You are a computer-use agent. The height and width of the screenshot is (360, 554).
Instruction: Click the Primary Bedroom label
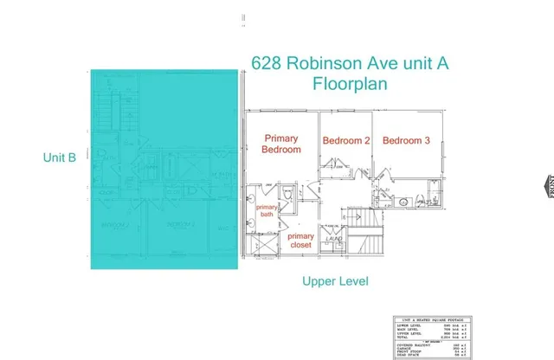click(x=282, y=144)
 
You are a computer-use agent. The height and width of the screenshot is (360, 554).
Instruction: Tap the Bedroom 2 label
click(x=346, y=140)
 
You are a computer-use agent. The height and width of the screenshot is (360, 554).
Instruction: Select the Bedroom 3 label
click(x=406, y=140)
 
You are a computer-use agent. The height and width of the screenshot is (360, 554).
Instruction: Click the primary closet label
click(x=300, y=241)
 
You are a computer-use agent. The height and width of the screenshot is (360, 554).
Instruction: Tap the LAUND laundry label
click(x=335, y=238)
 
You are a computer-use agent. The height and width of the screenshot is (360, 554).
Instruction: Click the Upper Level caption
click(x=335, y=281)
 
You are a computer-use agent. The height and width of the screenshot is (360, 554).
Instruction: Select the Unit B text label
click(x=60, y=157)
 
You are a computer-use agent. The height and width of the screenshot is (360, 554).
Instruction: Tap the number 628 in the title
click(x=267, y=63)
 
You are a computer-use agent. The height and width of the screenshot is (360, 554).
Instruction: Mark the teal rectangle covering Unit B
click(x=164, y=169)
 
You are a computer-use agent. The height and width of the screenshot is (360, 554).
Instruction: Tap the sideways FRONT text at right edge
click(x=548, y=185)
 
